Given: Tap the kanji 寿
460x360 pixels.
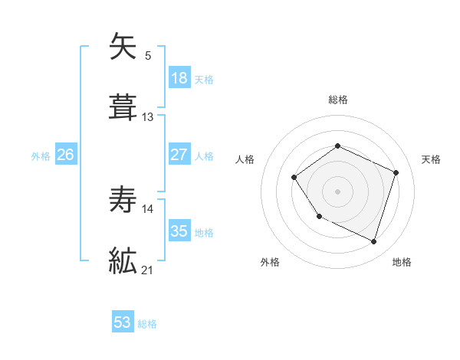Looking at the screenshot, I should coord(123,201).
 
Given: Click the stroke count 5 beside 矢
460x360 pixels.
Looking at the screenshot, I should coord(148,55).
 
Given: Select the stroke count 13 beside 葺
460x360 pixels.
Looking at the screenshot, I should coord(148,117).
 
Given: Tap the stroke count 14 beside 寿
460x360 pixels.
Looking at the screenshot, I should coord(148,208).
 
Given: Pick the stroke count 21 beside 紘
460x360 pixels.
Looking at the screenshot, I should coord(148,270).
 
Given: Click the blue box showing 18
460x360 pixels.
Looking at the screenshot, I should coord(179,78).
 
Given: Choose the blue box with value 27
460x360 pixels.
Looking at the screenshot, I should coord(179,155).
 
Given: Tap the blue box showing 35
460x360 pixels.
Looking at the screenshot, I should coord(179,231).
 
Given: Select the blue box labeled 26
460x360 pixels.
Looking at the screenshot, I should coord(65,155).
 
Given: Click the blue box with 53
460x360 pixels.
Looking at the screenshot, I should coord(123,322).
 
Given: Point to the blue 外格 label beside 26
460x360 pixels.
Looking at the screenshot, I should coord(41,155).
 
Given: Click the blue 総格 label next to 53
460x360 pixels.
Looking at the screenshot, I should coord(147,324).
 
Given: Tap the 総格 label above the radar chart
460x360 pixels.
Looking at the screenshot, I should coord(337,100).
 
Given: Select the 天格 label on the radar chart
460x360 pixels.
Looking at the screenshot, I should coord(431,159).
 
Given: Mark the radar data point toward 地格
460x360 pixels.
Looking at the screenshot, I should coord(373,242).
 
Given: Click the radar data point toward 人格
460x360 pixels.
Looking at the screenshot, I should coord(294,178).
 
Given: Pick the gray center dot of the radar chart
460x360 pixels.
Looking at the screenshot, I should coord(337,191).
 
